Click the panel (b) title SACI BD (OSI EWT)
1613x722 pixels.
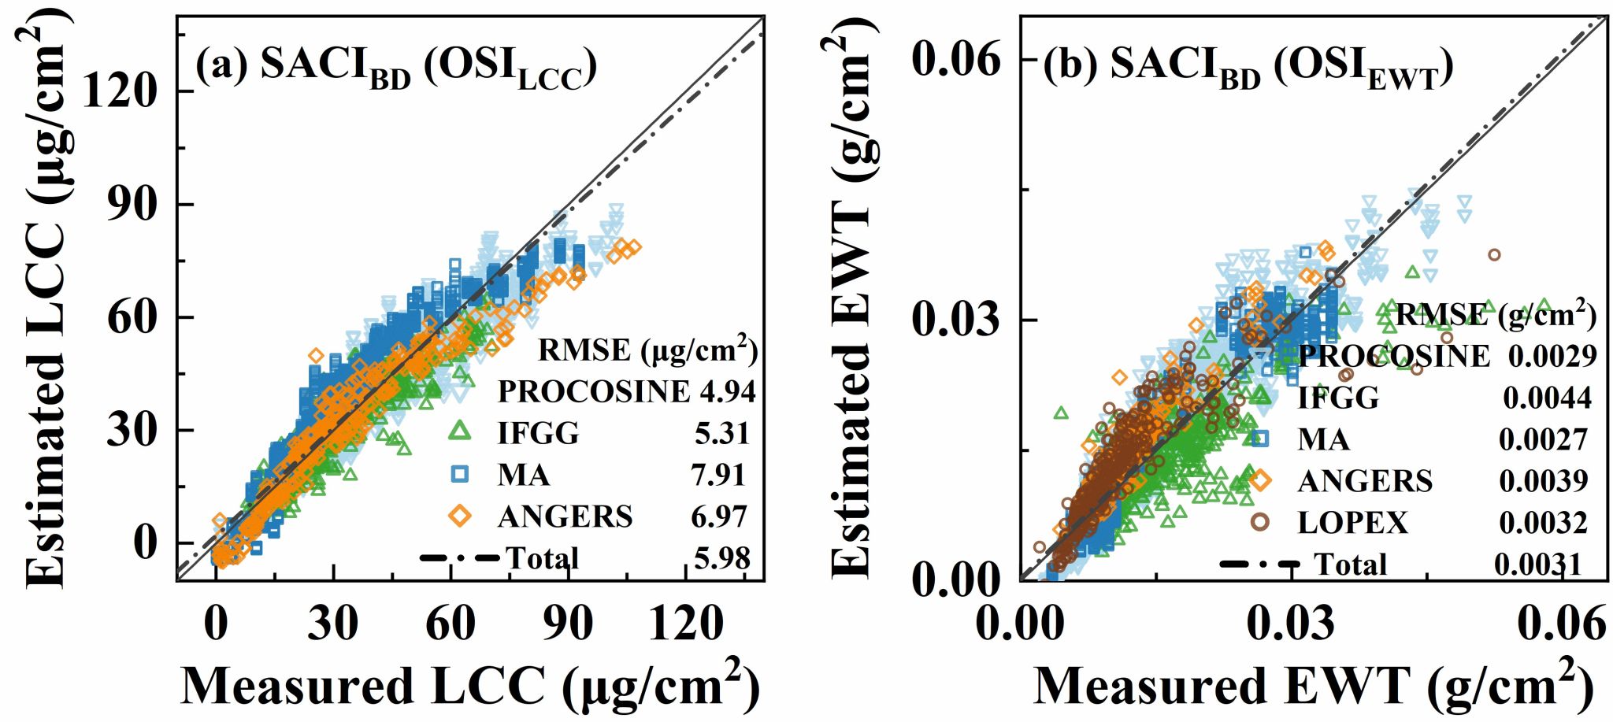click(1248, 68)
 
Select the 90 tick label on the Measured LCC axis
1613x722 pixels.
click(567, 624)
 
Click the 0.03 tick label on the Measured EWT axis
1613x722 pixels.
click(1292, 624)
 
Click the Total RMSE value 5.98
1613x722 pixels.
click(721, 558)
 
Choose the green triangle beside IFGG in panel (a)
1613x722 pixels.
click(459, 431)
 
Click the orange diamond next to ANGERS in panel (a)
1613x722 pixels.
click(459, 516)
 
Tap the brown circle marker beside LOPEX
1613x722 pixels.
click(1260, 521)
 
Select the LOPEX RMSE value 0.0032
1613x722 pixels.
click(1543, 522)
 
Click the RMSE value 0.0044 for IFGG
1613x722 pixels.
click(1547, 398)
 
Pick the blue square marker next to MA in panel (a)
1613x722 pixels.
click(459, 474)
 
